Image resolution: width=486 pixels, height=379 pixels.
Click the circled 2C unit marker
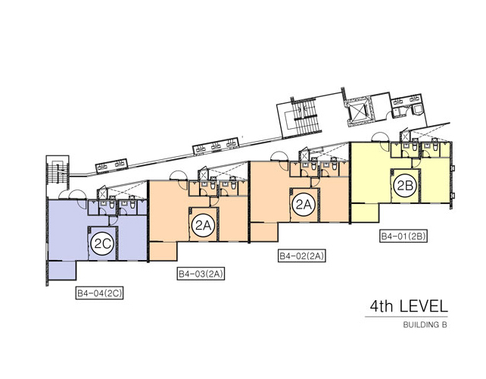point(103,244)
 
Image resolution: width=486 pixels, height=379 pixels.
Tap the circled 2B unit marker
point(405,186)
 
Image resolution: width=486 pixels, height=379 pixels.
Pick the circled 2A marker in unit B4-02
point(304,205)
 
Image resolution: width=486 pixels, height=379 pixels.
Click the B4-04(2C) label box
point(99,293)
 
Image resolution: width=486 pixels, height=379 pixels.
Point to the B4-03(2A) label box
point(201,274)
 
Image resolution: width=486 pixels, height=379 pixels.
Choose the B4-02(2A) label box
point(302,256)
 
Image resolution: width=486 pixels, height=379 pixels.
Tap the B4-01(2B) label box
point(403,236)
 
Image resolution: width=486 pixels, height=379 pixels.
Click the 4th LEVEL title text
point(409,306)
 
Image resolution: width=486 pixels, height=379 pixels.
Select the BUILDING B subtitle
point(425,324)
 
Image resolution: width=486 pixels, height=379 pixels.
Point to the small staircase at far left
point(58,171)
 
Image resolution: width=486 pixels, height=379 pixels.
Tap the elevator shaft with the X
point(359,112)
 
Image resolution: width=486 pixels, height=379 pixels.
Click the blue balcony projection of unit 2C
point(62,271)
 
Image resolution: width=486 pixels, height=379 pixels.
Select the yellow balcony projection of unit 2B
point(365,213)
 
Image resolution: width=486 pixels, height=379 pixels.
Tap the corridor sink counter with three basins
point(216,146)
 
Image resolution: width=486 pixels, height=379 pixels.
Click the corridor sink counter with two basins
point(111,165)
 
